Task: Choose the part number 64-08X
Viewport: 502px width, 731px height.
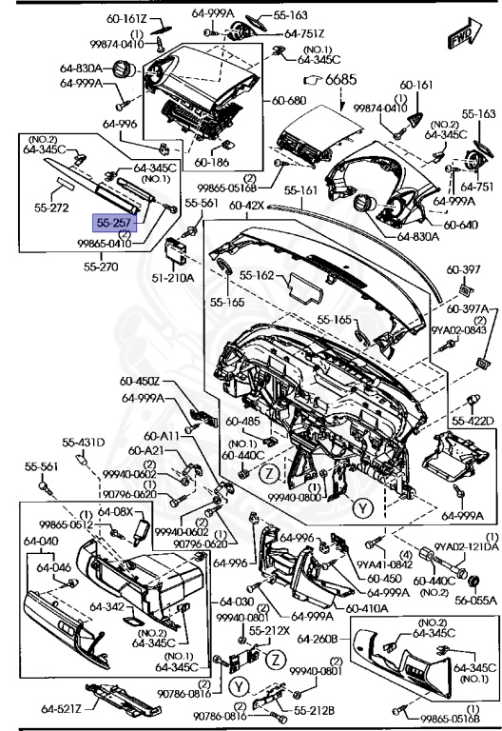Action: coord(117,511)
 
